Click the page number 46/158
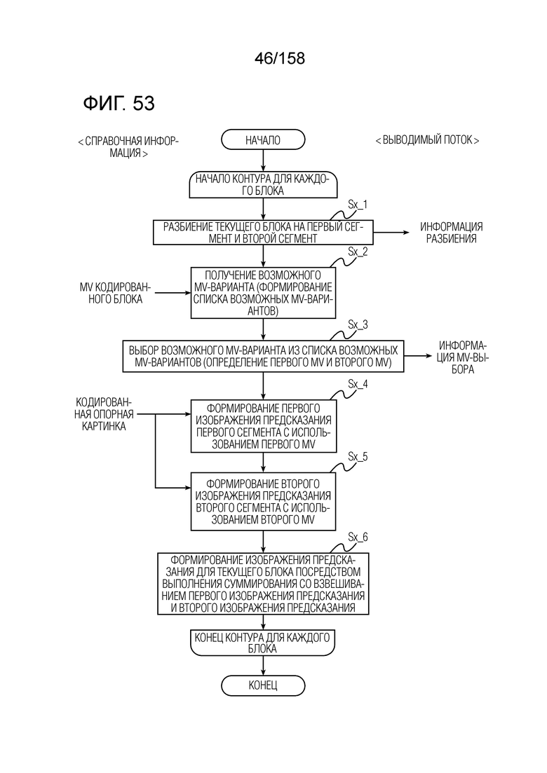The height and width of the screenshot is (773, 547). tap(280, 59)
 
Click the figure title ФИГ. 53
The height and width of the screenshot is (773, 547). tap(119, 104)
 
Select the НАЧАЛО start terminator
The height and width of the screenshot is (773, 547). tap(263, 140)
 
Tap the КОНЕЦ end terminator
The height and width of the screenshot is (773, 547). tap(263, 685)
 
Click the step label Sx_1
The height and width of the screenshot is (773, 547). tap(358, 204)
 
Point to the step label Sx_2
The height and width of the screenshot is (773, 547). tap(358, 252)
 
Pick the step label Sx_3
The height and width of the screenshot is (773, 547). tap(358, 324)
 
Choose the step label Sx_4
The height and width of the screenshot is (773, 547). tap(358, 383)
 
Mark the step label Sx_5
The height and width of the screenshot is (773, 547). tap(358, 456)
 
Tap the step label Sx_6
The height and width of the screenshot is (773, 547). tap(358, 537)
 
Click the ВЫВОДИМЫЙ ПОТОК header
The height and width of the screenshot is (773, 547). tap(427, 140)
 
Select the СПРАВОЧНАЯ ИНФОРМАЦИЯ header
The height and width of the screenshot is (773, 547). tap(128, 147)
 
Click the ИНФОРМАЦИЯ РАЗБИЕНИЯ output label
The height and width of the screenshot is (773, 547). tap(452, 233)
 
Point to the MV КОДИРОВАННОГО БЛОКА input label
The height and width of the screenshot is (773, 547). tap(116, 293)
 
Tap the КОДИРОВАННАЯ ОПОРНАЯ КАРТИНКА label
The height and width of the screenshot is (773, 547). tap(104, 414)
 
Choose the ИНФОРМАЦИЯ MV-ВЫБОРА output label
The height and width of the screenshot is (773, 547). tap(463, 357)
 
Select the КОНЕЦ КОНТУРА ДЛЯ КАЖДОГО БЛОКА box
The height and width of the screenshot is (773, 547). tap(263, 643)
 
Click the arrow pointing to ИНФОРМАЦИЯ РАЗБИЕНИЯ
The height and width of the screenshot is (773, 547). tap(391, 232)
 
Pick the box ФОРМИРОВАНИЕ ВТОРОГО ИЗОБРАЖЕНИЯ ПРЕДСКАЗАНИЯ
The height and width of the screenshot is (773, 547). tap(263, 501)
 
